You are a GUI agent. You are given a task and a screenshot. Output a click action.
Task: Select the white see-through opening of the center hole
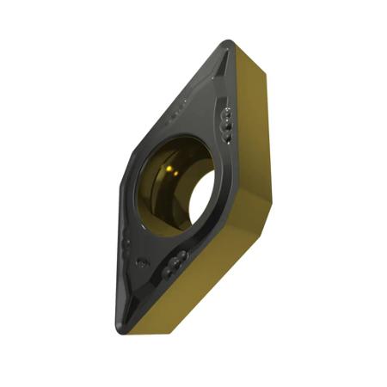tap(200, 196)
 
